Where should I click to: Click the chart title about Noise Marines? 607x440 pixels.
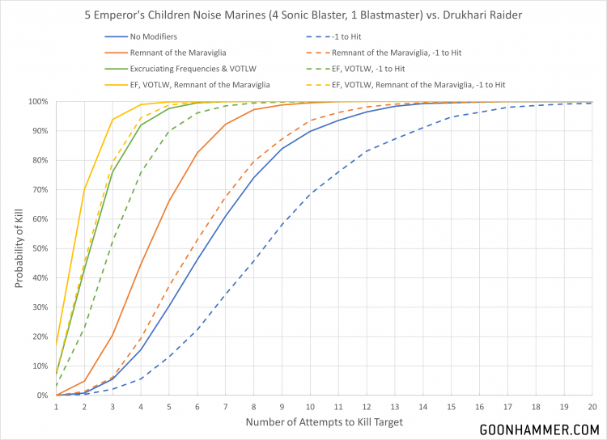point(303,15)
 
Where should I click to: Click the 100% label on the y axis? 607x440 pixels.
point(36,101)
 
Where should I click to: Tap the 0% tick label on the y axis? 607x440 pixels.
point(40,396)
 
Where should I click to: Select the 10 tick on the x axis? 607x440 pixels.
point(310,407)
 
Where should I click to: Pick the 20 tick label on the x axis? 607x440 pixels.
point(592,407)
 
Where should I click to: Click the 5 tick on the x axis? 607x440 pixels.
point(169,407)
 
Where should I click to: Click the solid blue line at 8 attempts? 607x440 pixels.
point(253,178)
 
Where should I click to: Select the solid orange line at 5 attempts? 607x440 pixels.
point(169,201)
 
